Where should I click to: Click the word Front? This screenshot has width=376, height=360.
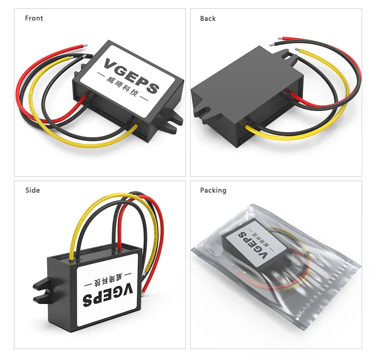coord(34,18)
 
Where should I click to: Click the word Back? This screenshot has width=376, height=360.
coord(208,18)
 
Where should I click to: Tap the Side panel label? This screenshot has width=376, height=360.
coord(33,190)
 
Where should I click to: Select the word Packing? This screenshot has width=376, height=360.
coord(213,190)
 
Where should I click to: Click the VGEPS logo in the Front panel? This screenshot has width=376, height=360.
coord(132,76)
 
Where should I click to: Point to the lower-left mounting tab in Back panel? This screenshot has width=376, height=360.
coord(206,111)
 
